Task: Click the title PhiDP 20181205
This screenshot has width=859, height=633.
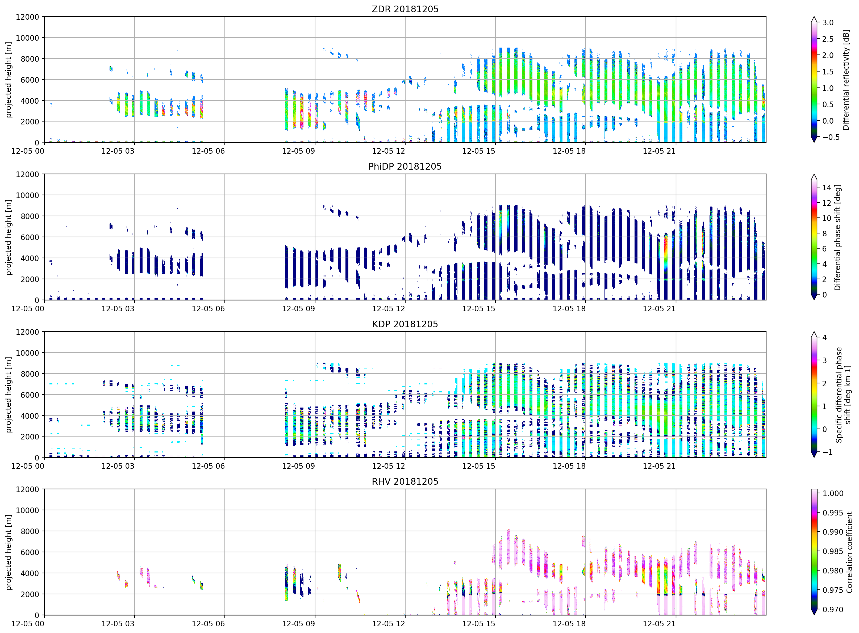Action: click(405, 166)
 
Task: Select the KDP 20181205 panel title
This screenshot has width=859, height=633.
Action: click(405, 324)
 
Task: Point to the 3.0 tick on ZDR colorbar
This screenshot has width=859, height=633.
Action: click(828, 23)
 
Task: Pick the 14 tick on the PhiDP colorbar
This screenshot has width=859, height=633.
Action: click(826, 188)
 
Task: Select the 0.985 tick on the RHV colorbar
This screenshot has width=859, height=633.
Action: click(833, 551)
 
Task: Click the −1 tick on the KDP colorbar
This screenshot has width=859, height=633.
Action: click(827, 452)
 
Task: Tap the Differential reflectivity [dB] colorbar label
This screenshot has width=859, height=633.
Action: click(846, 80)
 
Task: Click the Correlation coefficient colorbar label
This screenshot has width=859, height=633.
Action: click(849, 552)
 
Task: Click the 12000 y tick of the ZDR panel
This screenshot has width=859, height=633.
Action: click(27, 17)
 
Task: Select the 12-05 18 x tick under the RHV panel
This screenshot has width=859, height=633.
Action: click(569, 623)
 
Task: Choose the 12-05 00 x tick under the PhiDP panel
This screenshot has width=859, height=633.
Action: click(28, 308)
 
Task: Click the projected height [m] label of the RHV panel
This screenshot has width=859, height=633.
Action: click(9, 552)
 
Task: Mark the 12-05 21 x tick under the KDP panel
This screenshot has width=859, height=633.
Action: click(659, 466)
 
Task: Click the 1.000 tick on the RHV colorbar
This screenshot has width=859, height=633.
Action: click(833, 493)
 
